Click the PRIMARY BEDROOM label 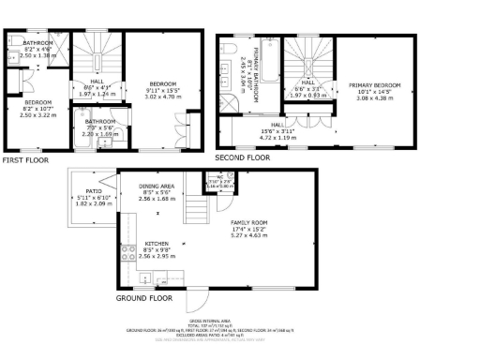coord(374,85)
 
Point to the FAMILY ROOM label coord(250,222)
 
